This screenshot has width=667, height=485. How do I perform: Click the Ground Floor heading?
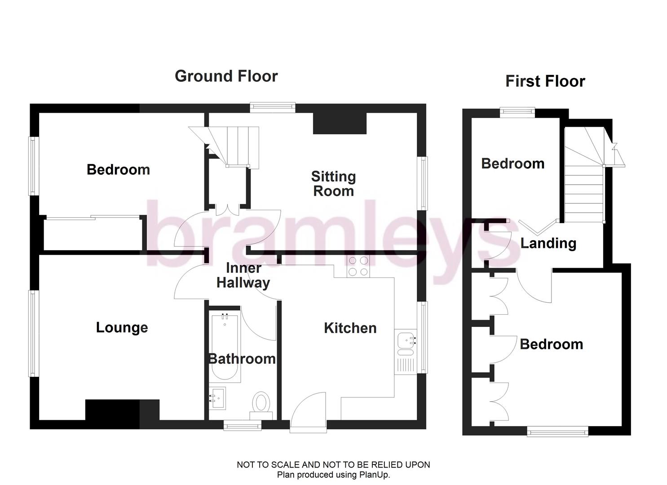pyautogui.click(x=226, y=76)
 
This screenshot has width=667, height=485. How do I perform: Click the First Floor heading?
pyautogui.click(x=545, y=81)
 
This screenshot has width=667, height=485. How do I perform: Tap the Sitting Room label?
pyautogui.click(x=333, y=184)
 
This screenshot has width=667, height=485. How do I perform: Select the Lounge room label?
pyautogui.click(x=122, y=327)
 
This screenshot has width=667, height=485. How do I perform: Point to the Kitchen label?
pyautogui.click(x=350, y=328)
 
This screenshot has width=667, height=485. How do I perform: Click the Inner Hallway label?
pyautogui.click(x=243, y=275)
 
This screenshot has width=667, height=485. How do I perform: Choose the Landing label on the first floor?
pyautogui.click(x=548, y=243)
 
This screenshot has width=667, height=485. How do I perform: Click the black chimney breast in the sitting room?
pyautogui.click(x=340, y=123)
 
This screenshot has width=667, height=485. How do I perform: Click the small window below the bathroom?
pyautogui.click(x=243, y=425)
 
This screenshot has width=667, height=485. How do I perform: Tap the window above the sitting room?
pyautogui.click(x=273, y=107)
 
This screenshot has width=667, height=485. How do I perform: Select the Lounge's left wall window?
pyautogui.click(x=33, y=333)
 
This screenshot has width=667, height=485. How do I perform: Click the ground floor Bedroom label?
pyautogui.click(x=118, y=170)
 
